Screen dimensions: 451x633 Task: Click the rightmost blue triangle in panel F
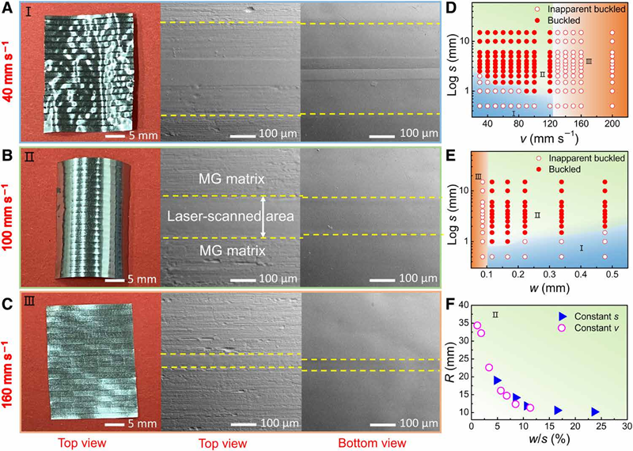[x=595, y=411]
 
